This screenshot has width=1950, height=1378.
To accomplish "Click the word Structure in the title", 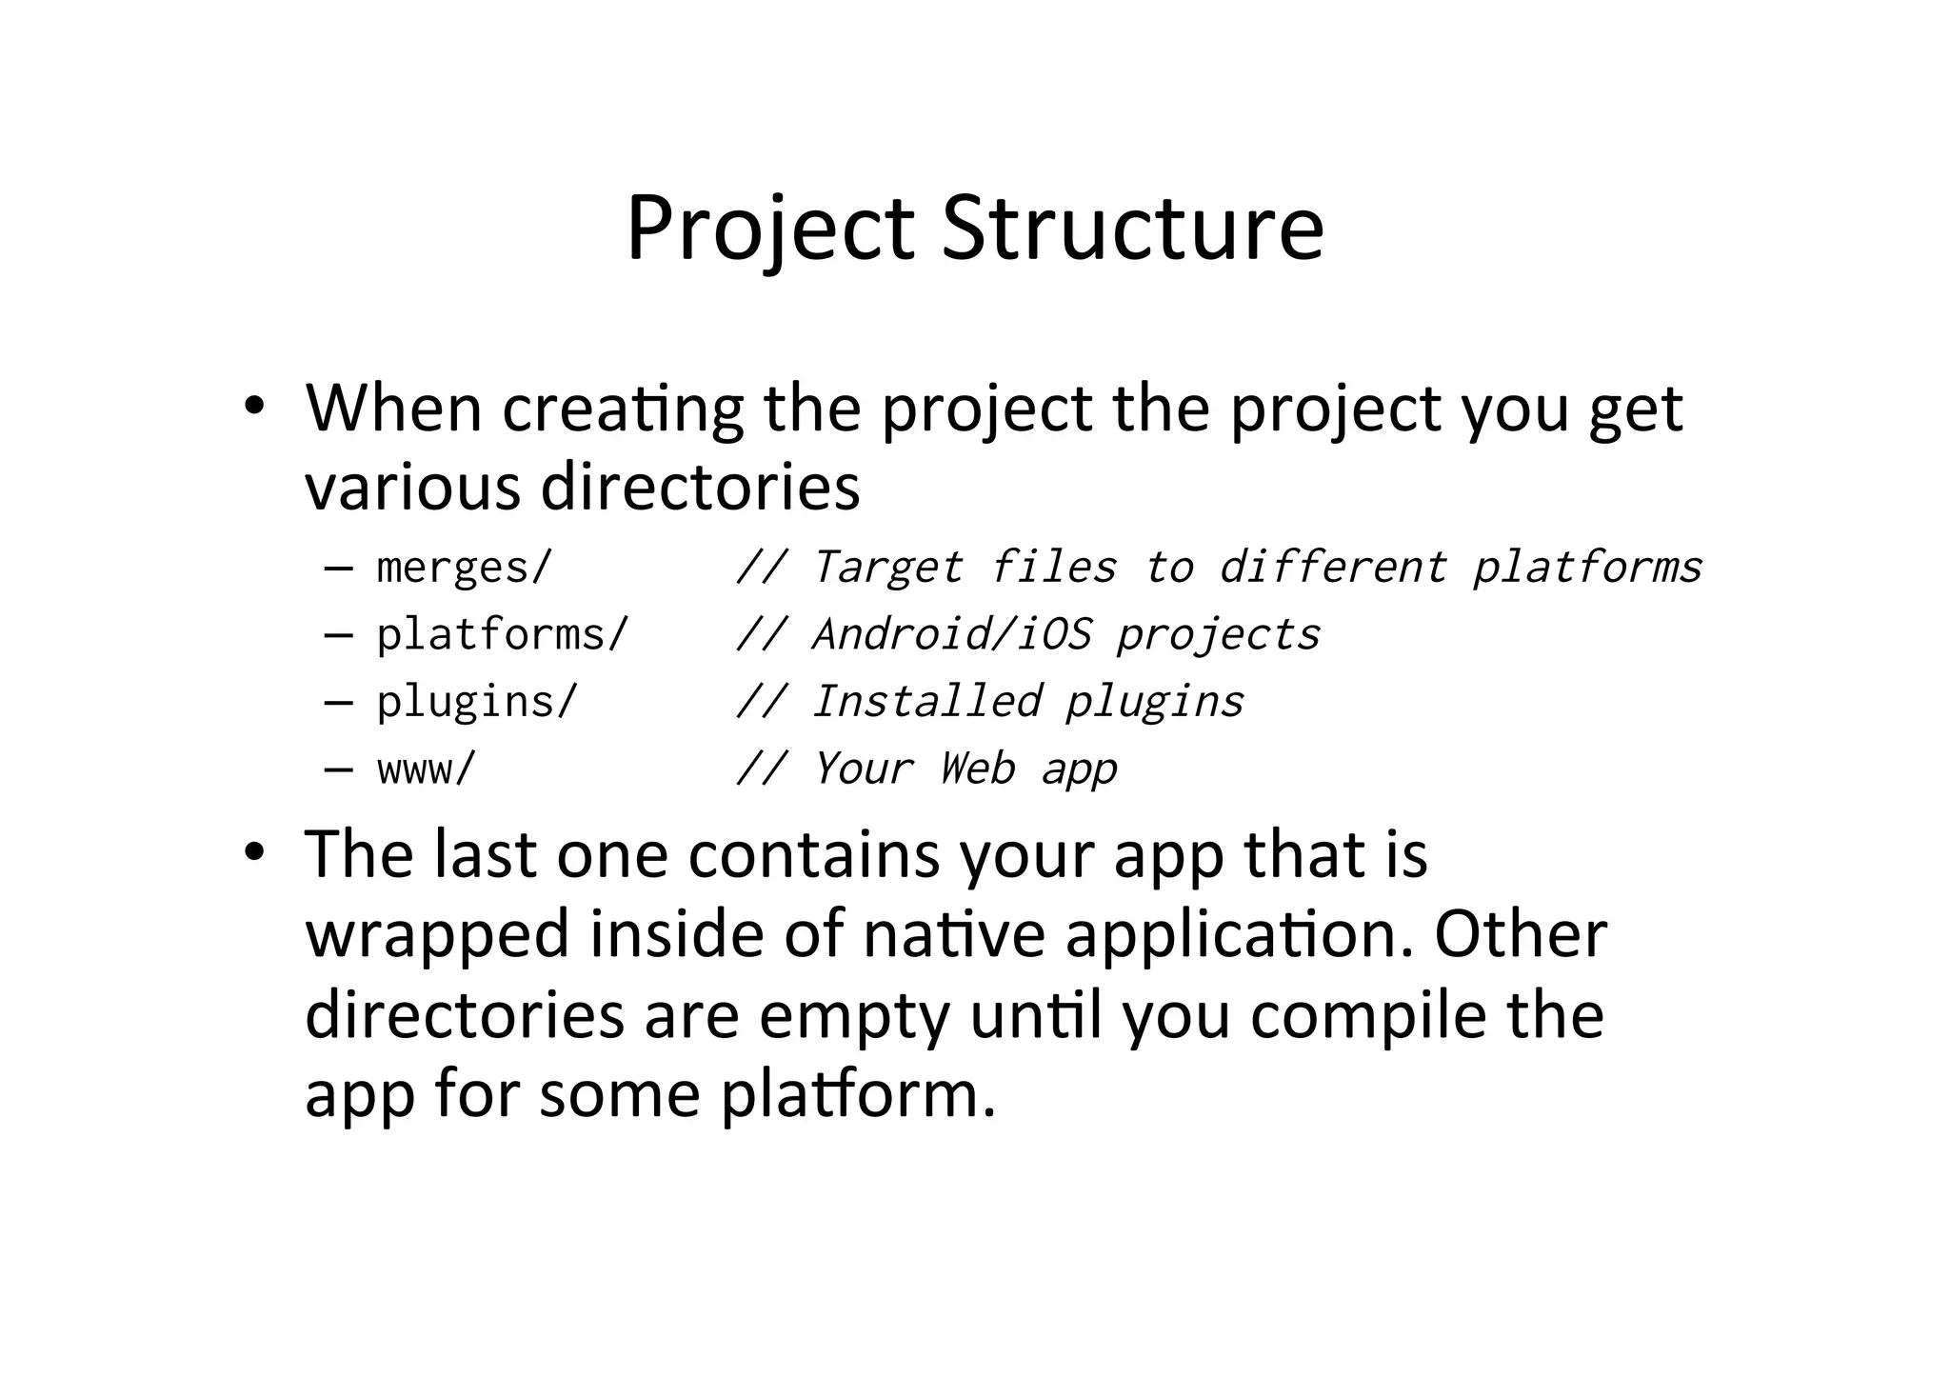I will [x=1132, y=229].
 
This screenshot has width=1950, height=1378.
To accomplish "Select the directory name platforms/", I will [x=503, y=634].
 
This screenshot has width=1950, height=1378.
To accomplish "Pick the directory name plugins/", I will [x=477, y=702].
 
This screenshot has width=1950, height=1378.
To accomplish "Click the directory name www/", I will [x=426, y=769].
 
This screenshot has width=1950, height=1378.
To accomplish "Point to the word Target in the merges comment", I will [x=887, y=568].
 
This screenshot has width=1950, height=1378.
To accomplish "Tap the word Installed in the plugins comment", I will [x=926, y=702].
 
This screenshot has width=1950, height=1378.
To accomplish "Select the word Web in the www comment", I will [x=977, y=769].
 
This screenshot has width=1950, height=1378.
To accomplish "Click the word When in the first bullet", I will [x=393, y=409].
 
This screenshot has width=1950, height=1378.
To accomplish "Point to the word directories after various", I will [x=700, y=487].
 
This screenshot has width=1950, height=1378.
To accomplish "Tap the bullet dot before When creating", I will [x=253, y=407].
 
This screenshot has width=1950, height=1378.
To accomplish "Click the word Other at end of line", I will [x=1521, y=934].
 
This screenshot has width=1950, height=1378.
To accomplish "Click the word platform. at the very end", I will [x=858, y=1095].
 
